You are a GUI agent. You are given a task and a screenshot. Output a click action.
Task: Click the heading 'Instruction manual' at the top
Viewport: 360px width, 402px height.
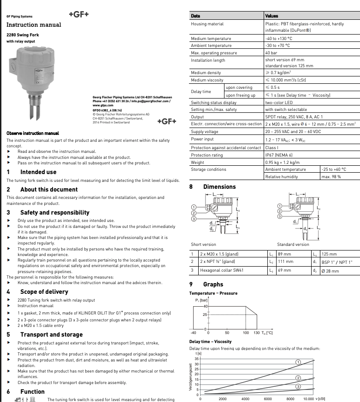click(x=33, y=25)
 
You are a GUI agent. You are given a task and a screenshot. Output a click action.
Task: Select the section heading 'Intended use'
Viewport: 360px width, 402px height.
click(x=38, y=172)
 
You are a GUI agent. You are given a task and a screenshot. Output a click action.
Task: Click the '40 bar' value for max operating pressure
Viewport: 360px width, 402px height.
click(x=271, y=53)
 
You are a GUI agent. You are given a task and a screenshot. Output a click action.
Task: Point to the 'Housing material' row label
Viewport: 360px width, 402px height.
click(x=207, y=24)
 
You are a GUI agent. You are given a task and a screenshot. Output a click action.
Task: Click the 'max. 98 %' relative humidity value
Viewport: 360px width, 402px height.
click(x=331, y=176)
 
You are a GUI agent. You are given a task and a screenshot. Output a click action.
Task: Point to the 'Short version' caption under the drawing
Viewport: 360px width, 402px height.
click(x=203, y=245)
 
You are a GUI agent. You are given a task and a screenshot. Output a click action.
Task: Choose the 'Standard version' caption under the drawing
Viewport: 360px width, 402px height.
click(x=293, y=245)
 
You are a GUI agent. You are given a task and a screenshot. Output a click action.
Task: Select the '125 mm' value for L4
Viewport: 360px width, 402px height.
click(x=329, y=254)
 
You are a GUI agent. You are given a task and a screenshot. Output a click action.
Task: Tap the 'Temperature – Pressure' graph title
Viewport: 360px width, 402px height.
click(x=213, y=293)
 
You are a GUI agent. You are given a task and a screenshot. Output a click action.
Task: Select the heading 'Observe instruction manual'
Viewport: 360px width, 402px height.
click(x=33, y=133)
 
